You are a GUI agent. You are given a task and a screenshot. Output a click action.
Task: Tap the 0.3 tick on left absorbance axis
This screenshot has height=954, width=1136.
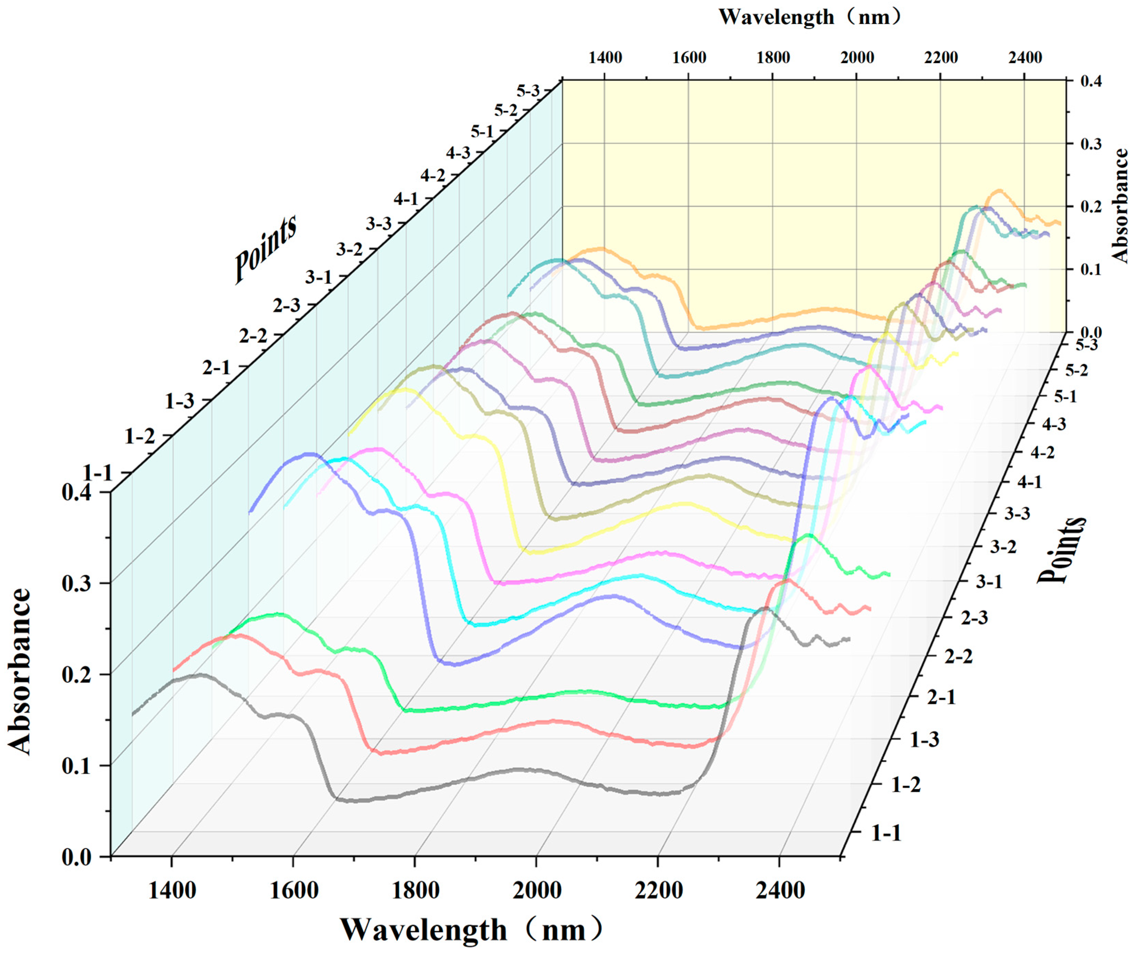79,583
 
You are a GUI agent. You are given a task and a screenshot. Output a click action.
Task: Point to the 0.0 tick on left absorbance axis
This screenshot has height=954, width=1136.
79,857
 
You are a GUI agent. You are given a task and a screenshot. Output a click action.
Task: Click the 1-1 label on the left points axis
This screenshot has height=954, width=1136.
97,474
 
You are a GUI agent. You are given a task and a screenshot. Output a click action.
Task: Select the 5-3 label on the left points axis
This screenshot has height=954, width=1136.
528,91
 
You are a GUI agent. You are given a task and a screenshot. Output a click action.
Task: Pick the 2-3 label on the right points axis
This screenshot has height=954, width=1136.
974,618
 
